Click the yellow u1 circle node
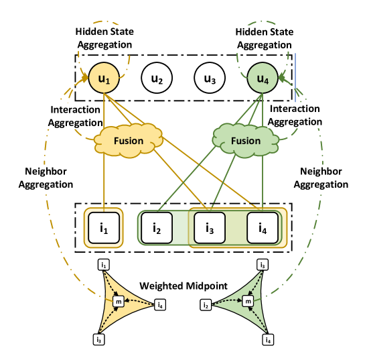click(x=103, y=80)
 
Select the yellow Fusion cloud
click(x=128, y=141)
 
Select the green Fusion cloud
click(x=245, y=141)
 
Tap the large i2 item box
click(x=157, y=228)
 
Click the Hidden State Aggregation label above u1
click(x=104, y=38)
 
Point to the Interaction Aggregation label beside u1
click(x=75, y=115)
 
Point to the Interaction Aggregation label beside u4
click(x=295, y=115)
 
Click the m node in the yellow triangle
click(x=119, y=302)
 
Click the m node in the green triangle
click(x=248, y=302)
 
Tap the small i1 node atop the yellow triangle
click(x=104, y=266)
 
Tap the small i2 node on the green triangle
click(x=206, y=306)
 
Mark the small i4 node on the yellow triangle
click(x=159, y=306)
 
